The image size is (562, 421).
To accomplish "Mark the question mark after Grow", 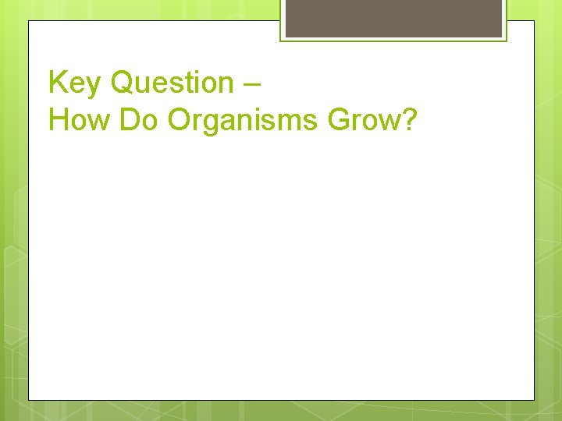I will (x=411, y=120).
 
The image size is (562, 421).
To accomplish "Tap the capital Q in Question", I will (x=125, y=83).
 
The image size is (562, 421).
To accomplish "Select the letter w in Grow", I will (x=388, y=122).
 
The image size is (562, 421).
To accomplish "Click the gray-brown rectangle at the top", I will (x=393, y=18).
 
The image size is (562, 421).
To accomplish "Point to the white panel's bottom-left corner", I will (x=29, y=400).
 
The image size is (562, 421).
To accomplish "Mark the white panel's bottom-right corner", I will (x=534, y=400).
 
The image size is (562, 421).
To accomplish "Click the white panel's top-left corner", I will (x=29, y=21).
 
